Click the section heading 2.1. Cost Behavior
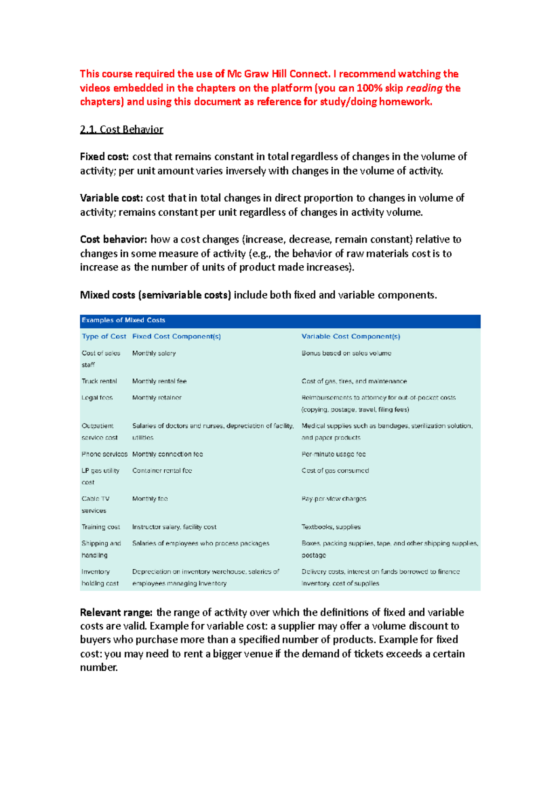click(x=121, y=129)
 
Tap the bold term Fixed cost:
click(x=104, y=157)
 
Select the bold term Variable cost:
click(x=111, y=198)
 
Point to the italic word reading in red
click(x=424, y=88)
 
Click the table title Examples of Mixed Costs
click(x=124, y=320)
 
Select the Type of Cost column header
click(x=104, y=336)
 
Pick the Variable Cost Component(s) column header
click(x=350, y=336)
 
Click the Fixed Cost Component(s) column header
click(x=176, y=336)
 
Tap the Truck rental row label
click(x=99, y=381)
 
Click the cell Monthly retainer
click(x=157, y=397)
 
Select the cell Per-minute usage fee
click(x=333, y=454)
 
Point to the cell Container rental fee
click(x=162, y=470)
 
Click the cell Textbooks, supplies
click(x=331, y=527)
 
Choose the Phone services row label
click(x=105, y=454)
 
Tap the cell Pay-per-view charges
click(x=334, y=499)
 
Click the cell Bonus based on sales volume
click(x=346, y=353)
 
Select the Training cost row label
click(x=101, y=527)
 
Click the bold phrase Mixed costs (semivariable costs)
click(x=155, y=295)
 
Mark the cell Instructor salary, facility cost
click(x=174, y=527)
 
